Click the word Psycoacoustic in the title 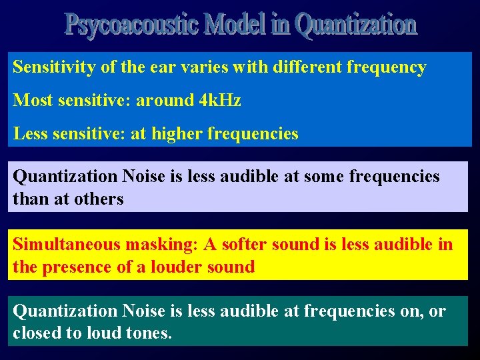click(131, 25)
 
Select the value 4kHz click(220, 101)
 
